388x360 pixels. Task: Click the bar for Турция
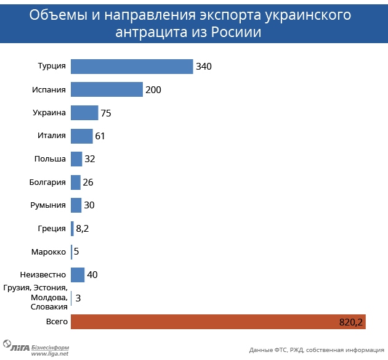(132, 67)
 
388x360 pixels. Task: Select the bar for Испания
(107, 89)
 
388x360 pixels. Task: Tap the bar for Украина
(84, 113)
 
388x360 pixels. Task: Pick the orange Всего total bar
(219, 321)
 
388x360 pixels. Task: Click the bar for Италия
(81, 136)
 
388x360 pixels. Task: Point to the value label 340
(203, 67)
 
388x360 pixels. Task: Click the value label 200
(153, 90)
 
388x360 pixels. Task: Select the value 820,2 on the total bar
(352, 322)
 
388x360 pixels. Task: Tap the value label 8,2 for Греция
(83, 229)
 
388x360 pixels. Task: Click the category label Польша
(50, 159)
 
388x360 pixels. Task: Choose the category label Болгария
(47, 182)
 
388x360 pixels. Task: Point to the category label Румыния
(48, 205)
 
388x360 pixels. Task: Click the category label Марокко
(48, 252)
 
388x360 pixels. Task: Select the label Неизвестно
(43, 274)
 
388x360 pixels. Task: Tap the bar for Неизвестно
(78, 275)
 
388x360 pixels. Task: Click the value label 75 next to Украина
(105, 113)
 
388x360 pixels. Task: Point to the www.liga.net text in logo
(49, 353)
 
